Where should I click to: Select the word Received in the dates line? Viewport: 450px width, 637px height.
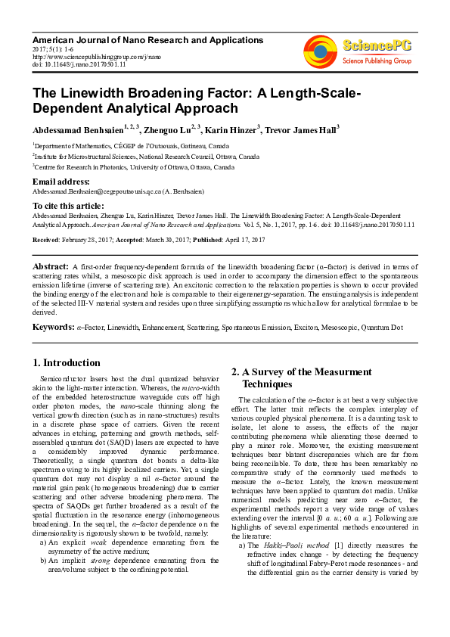(x=46, y=240)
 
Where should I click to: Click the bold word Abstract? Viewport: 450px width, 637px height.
(x=50, y=267)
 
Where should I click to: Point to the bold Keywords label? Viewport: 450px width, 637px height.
(x=53, y=327)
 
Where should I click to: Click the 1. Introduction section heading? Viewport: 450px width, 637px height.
(x=67, y=362)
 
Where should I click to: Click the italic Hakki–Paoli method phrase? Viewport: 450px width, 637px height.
(x=289, y=545)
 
